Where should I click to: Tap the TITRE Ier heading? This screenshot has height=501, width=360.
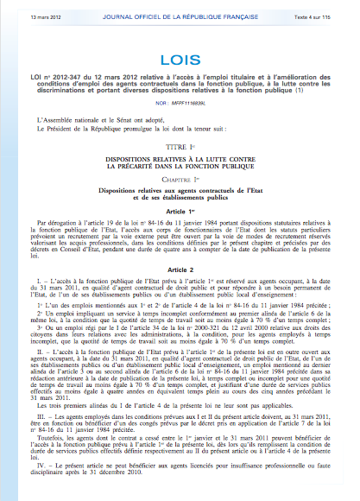coord(180,149)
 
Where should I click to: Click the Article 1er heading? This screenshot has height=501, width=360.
coord(180,212)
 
